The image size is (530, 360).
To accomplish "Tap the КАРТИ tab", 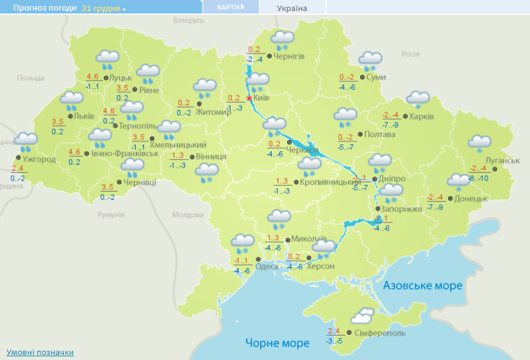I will (230, 7).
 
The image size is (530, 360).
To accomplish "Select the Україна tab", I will (292, 8).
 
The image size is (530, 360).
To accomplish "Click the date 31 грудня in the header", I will (101, 9).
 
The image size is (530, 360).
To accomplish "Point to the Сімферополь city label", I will (381, 332).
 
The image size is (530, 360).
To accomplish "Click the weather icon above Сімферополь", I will (362, 316).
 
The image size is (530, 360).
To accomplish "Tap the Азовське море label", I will (422, 286).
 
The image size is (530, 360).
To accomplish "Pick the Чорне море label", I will (277, 342).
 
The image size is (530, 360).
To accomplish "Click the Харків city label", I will (421, 116).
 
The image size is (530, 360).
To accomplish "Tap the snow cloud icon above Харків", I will (418, 98).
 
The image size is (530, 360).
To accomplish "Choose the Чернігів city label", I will (288, 57).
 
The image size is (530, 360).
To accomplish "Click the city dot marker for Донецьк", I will (450, 198).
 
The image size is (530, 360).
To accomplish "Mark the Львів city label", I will (84, 115).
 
